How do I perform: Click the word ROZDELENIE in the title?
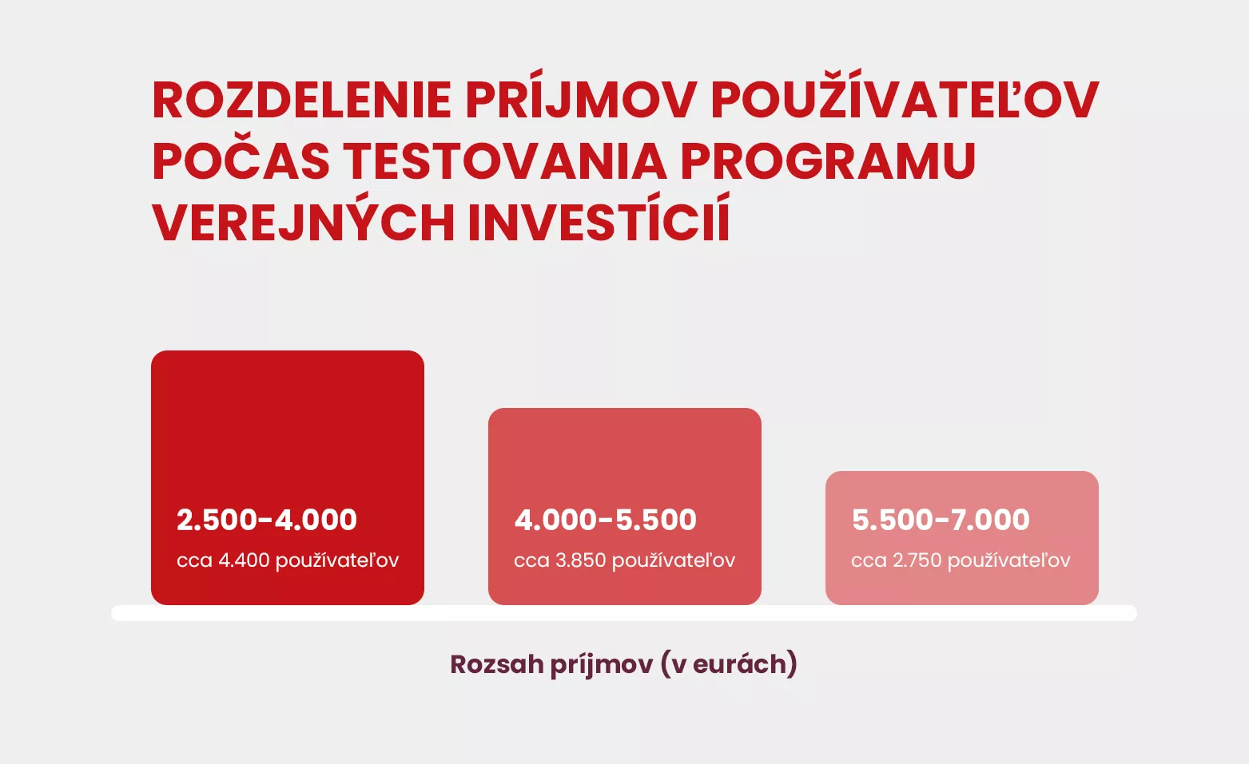click(x=301, y=101)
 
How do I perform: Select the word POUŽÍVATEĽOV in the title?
click(x=905, y=95)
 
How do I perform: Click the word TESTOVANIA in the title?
click(x=504, y=161)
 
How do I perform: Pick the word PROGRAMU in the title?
click(x=828, y=161)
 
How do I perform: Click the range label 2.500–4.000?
click(x=267, y=520)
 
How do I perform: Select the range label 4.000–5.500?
click(x=606, y=520)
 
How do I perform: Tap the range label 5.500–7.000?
click(x=941, y=520)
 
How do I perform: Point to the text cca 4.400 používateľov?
click(x=288, y=560)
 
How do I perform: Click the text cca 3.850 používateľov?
click(x=625, y=560)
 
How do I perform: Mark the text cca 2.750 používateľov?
click(x=961, y=560)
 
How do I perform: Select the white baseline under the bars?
click(x=624, y=613)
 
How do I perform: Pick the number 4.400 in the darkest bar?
click(x=244, y=560)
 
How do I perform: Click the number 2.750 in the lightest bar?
click(x=917, y=560)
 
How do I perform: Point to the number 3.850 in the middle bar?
click(x=580, y=560)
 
